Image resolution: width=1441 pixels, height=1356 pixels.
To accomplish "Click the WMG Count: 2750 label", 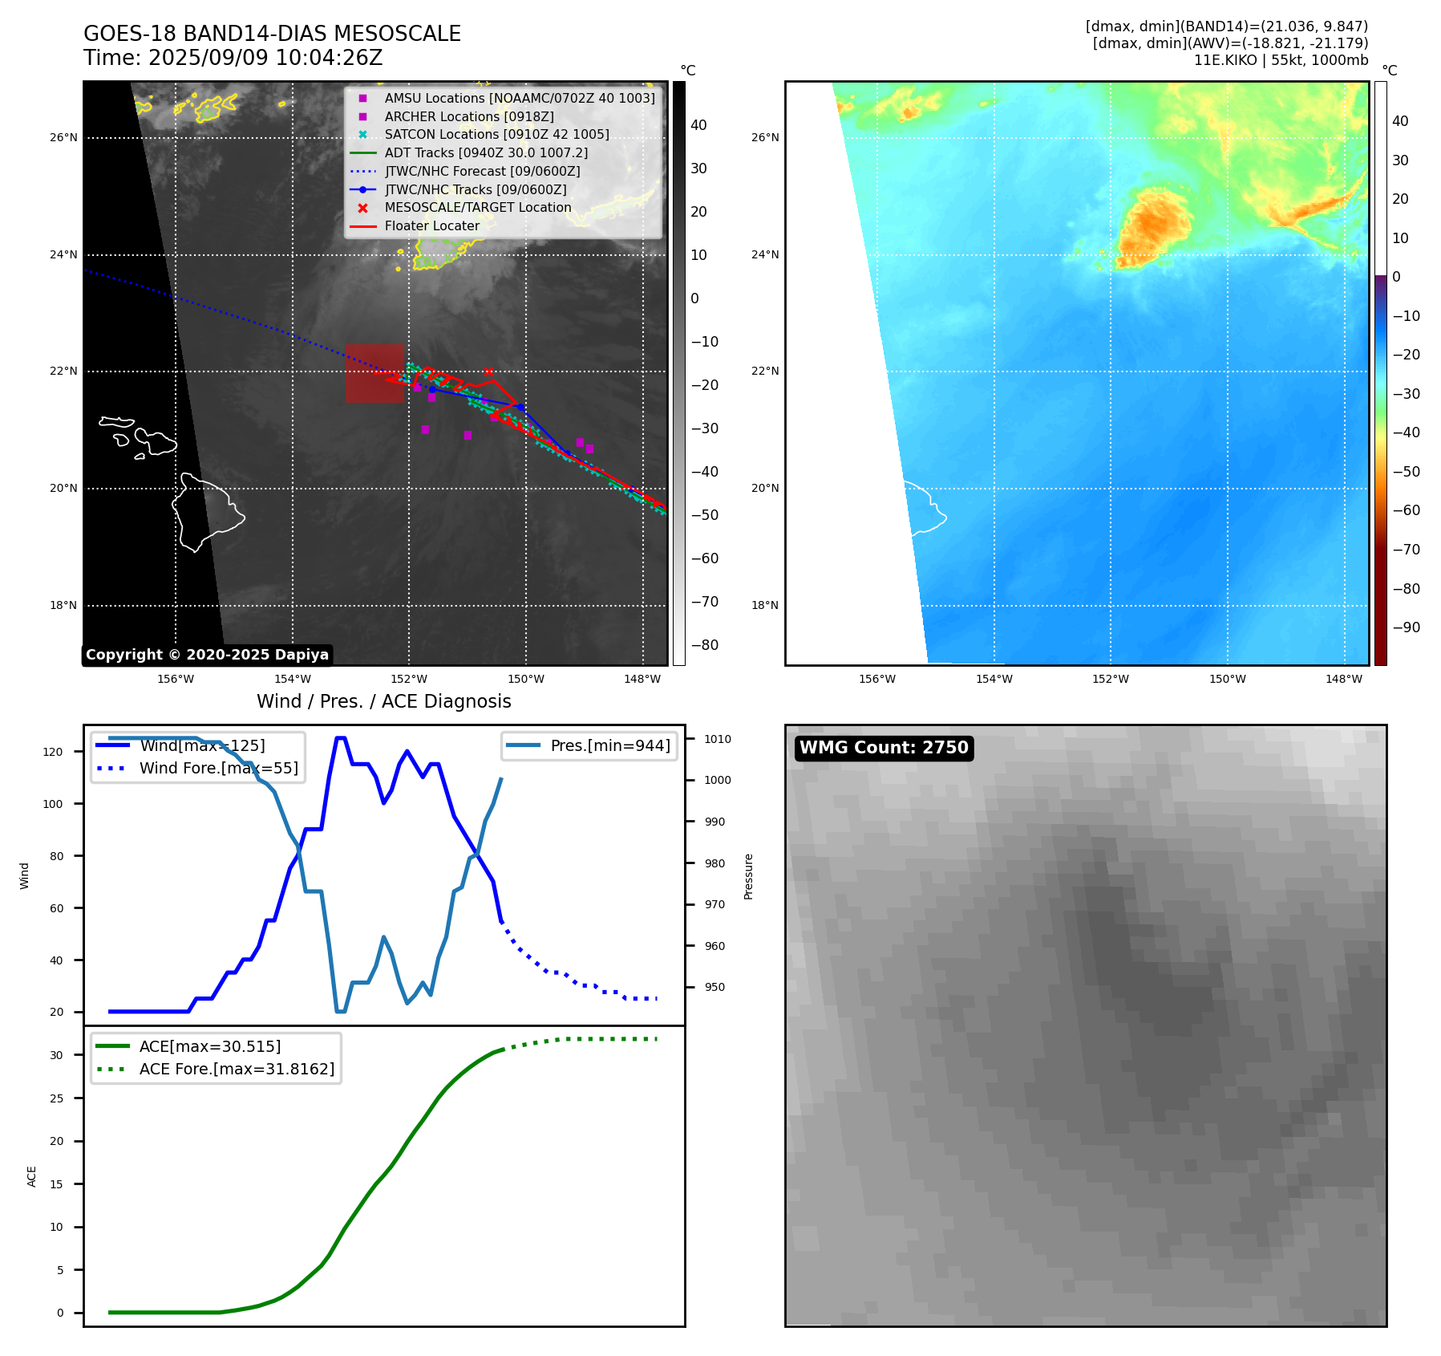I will click(x=884, y=748).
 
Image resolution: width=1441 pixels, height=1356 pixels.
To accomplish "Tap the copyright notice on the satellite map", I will click(x=207, y=655).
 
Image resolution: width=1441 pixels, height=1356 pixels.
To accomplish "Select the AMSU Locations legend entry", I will click(x=519, y=98).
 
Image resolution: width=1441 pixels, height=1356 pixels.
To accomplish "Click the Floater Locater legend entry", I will click(x=431, y=225).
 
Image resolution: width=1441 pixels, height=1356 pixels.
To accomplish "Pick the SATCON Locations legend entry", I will click(x=496, y=134).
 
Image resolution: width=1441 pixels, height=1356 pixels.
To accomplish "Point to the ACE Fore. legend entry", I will click(x=237, y=1069).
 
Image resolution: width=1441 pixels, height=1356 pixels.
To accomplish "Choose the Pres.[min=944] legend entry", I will click(x=609, y=745).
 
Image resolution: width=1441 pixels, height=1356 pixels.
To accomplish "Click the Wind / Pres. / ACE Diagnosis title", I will click(x=383, y=701).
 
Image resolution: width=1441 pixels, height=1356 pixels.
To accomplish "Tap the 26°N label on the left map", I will click(x=63, y=137).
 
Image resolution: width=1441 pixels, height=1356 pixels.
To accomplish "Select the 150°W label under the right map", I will click(x=1227, y=679).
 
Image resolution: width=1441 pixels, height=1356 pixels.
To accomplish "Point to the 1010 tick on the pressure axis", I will click(x=718, y=739).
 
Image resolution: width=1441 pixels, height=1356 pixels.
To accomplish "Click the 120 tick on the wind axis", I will click(x=53, y=752).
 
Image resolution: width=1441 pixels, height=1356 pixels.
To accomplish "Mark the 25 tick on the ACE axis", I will click(x=56, y=1098).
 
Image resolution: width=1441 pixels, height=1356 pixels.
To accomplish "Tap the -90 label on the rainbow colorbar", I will click(x=1406, y=627).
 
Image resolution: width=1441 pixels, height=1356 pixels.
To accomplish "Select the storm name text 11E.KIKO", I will click(x=1225, y=60).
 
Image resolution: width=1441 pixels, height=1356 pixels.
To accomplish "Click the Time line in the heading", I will click(x=233, y=58).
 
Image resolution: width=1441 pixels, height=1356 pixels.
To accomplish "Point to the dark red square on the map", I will click(x=374, y=373).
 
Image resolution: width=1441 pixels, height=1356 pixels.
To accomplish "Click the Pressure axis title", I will click(x=748, y=876).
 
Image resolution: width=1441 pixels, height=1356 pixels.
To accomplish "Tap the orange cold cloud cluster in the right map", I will click(x=1154, y=225).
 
